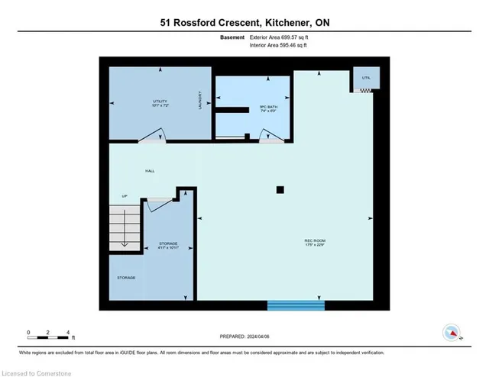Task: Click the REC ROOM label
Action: [314, 243]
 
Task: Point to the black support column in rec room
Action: [280, 189]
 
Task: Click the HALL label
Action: [150, 171]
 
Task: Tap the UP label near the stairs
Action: [124, 196]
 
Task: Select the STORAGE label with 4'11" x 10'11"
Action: [169, 245]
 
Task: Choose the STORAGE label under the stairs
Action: [126, 277]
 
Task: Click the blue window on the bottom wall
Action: [296, 305]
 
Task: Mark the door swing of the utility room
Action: [152, 137]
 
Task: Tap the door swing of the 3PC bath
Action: [270, 136]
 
